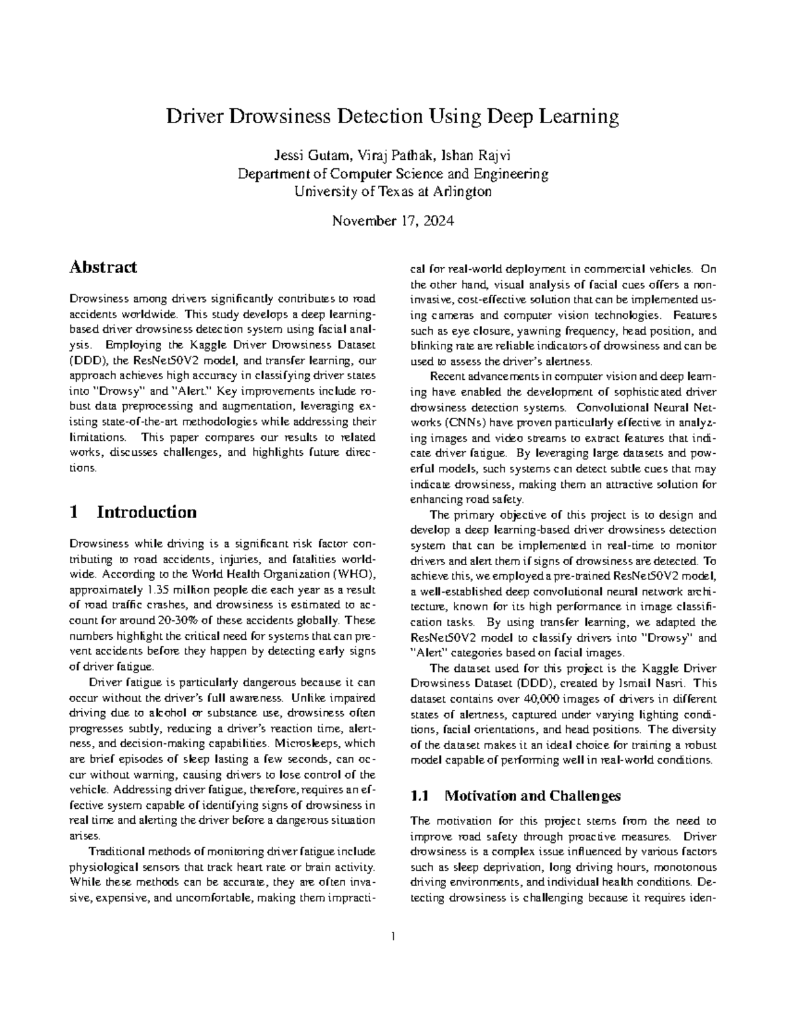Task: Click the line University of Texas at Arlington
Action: [392, 192]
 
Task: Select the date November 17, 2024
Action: [392, 221]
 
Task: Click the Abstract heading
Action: [103, 267]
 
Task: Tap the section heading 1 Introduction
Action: [132, 512]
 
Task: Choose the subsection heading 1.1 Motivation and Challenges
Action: [515, 796]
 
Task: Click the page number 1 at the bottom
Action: [393, 936]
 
